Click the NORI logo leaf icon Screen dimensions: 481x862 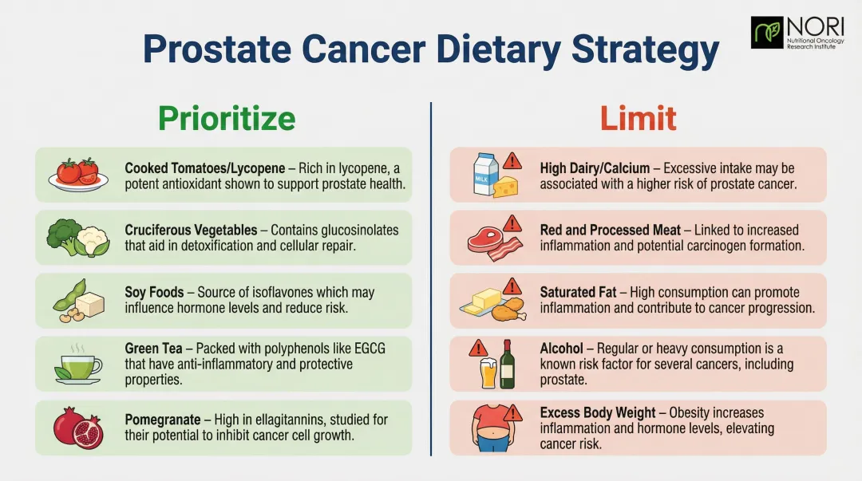[x=767, y=32]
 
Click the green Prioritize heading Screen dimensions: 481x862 [x=227, y=119]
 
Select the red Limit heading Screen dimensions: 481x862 [x=638, y=119]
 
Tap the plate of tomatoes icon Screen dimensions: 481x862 [x=77, y=174]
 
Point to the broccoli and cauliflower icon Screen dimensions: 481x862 [x=77, y=237]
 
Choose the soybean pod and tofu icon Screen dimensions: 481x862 [x=79, y=301]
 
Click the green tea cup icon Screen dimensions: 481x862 [x=77, y=365]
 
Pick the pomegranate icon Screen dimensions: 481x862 [x=77, y=428]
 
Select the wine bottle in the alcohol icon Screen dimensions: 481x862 [x=507, y=365]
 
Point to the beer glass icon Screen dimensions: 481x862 [x=488, y=373]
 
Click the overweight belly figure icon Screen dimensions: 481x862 [x=488, y=429]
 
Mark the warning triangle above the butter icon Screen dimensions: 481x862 [x=512, y=286]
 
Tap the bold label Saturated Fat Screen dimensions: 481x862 [x=578, y=293]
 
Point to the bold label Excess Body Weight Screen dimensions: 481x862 [x=599, y=412]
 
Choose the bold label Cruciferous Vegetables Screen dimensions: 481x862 [x=191, y=230]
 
